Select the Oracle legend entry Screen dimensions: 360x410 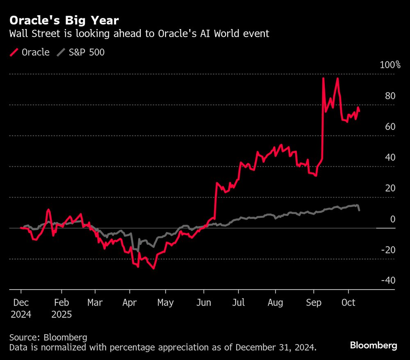35,52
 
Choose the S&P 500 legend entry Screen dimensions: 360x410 86,52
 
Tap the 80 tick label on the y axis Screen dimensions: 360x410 390,96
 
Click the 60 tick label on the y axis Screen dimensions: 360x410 390,127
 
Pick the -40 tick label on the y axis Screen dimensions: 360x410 387,281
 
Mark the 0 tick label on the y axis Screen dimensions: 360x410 392,220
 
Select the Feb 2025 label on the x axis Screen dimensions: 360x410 61,309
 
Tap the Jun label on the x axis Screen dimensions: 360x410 204,303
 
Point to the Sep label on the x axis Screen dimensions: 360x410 314,303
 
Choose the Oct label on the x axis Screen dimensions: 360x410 348,303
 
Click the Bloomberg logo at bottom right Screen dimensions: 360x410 374,346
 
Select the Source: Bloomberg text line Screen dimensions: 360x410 48,338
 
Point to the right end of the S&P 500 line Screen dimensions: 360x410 360,211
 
